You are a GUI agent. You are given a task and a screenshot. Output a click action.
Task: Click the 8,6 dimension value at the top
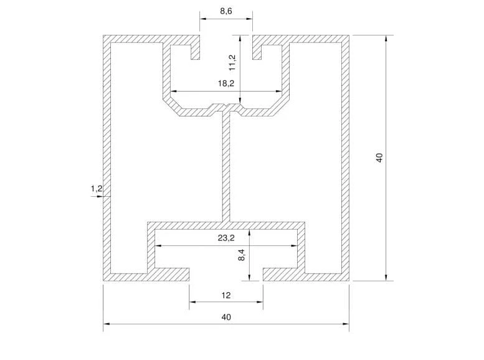click(226, 11)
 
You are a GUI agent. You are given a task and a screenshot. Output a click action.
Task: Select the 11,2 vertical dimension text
click(232, 63)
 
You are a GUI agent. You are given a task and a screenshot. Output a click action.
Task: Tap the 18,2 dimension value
click(226, 83)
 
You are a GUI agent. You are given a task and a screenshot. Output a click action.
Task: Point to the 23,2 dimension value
click(226, 238)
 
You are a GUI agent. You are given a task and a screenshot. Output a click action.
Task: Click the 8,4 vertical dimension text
click(242, 255)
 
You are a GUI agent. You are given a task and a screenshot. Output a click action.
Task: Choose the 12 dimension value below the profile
click(226, 295)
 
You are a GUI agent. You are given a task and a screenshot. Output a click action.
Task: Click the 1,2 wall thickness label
click(97, 188)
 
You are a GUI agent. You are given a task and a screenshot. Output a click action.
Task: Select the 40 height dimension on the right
click(379, 158)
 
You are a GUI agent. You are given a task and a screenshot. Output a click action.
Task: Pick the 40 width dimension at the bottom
click(226, 317)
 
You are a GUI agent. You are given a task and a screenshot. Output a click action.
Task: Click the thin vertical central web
click(226, 167)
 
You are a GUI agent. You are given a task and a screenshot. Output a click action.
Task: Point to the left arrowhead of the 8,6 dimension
click(203, 19)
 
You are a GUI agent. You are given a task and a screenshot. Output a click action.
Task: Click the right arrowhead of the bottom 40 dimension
click(346, 324)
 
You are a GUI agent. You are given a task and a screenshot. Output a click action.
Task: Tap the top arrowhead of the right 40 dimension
click(386, 38)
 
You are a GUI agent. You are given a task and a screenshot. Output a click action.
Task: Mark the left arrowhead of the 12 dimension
click(192, 301)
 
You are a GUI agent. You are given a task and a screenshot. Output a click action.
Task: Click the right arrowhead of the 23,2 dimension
click(294, 246)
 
